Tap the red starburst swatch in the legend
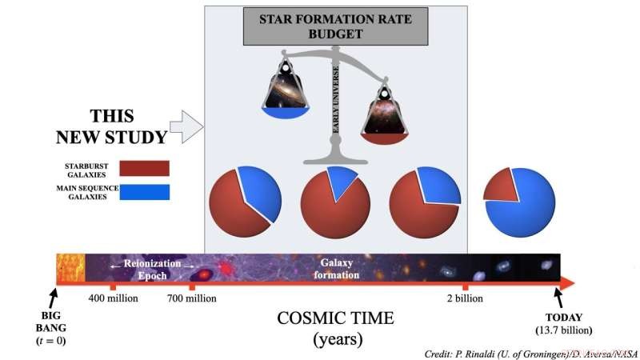click(144, 167)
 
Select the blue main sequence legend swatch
click(144, 192)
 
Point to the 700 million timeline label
click(190, 298)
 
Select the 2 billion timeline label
click(466, 298)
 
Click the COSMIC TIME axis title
click(335, 318)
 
